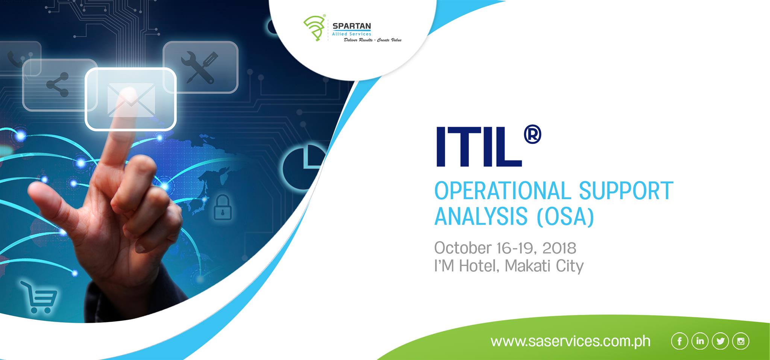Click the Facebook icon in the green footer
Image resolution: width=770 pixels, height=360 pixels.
tap(679, 341)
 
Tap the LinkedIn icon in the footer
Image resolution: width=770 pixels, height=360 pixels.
tap(700, 341)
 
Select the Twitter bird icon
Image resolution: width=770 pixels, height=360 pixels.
tap(720, 341)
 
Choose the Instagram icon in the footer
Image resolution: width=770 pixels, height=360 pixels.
tap(741, 341)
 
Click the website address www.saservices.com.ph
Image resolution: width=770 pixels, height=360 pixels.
tap(570, 341)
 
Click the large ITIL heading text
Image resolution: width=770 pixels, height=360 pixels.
tap(479, 148)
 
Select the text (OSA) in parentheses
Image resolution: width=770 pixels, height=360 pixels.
tap(565, 216)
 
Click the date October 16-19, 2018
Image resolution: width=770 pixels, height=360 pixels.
tap(505, 248)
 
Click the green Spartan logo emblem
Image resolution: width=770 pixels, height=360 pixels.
tap(314, 28)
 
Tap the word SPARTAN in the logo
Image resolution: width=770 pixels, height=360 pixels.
tap(352, 26)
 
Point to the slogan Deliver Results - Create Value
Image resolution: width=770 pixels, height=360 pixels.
tap(373, 40)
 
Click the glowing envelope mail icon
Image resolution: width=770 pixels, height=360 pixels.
tap(131, 99)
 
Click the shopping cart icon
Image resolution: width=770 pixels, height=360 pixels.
tap(39, 297)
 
